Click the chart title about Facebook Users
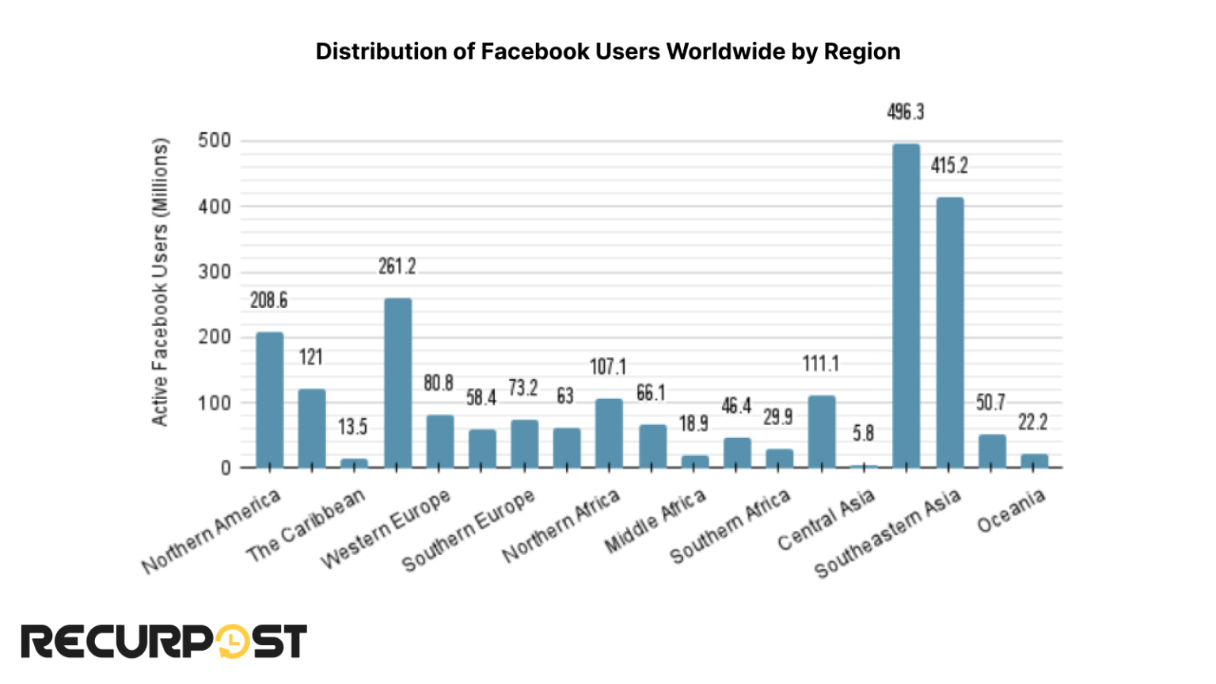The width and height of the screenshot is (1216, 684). pos(607,51)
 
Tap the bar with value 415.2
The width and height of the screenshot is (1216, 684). pos(949,332)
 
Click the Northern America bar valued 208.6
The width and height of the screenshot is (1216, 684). pos(269,400)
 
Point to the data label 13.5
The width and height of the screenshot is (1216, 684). pos(353,427)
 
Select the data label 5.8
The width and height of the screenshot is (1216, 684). pos(863,434)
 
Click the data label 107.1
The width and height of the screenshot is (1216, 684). pos(608,367)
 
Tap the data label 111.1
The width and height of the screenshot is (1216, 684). pos(820,364)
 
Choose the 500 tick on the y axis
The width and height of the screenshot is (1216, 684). pos(215,141)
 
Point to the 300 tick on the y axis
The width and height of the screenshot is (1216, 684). pos(215,272)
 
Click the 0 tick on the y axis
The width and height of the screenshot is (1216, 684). pos(226,468)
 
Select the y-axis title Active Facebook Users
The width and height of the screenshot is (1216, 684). pos(160,283)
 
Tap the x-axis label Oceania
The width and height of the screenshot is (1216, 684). pos(1011,511)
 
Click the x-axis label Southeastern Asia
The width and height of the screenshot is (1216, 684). pos(887,534)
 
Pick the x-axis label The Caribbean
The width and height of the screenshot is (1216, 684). pos(306,526)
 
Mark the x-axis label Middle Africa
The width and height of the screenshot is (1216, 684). pos(655,522)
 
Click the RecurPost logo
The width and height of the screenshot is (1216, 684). pos(163,641)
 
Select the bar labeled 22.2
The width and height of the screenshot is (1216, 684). pos(1034,461)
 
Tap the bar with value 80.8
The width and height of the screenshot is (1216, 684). pos(440,441)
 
